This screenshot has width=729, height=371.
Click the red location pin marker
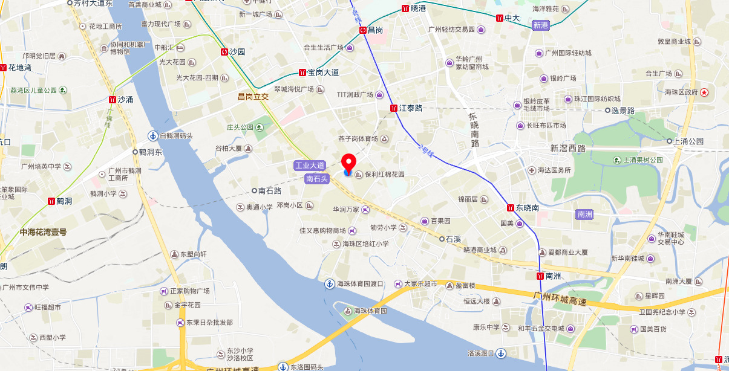pos(348,163)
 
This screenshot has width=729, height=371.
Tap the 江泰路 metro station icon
pos(394,108)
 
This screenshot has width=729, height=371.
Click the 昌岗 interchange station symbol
pos(363,30)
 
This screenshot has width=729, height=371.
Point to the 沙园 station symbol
pos(225,52)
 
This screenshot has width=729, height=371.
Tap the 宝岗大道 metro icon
pos(302,73)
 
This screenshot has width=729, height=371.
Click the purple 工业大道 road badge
pos(310,166)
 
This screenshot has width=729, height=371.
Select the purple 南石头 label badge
pos(317,178)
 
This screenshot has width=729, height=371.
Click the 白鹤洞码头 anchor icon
pos(154,136)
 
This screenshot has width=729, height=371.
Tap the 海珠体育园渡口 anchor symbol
pos(330,284)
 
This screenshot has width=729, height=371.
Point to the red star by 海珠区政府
pos(704,92)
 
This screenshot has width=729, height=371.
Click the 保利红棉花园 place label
pos(384,175)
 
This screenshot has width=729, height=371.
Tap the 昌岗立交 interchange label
pos(253,96)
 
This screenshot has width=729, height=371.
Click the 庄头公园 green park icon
pos(260,127)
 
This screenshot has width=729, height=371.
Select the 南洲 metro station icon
pos(540,276)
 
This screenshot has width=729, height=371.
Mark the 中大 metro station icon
pos(500,18)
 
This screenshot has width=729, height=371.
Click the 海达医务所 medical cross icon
pos(532,170)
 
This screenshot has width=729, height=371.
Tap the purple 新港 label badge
pos(540,25)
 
